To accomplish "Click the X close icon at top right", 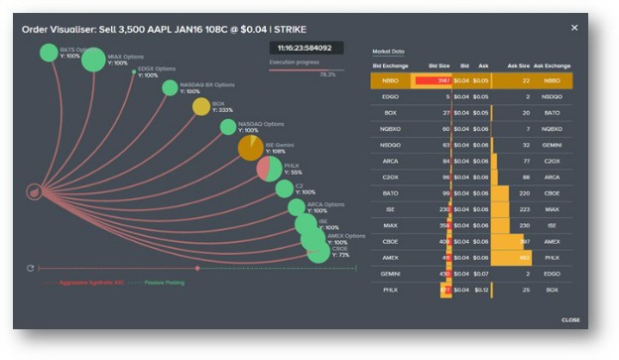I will point(574,28).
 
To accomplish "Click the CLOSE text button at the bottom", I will point(570,319).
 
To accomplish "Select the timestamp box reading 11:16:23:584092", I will point(305,47).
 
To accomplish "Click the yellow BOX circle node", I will point(200,107).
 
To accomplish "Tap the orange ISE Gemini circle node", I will point(251,148).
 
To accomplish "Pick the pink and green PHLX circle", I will point(268,169).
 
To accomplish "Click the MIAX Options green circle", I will point(92,60).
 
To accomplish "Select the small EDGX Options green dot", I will point(134,71).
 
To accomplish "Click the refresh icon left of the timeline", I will point(31,268).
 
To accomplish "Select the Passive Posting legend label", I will point(165,283).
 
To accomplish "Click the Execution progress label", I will point(290,61).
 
